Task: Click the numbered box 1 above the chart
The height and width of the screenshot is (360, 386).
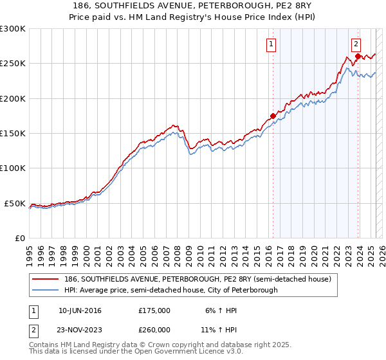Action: point(271,44)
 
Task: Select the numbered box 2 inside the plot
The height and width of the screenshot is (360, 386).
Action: point(356,44)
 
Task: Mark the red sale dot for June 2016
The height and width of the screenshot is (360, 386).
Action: point(273,116)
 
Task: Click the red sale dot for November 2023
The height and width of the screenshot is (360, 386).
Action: point(358,57)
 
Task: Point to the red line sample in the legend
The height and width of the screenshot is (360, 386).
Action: point(46,280)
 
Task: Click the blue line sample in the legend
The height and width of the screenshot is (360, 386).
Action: point(46,291)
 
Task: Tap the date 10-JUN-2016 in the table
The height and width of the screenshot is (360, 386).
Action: point(80,310)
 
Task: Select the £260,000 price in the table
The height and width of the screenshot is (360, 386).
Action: point(154,330)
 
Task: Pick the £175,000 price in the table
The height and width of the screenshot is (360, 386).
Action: point(154,310)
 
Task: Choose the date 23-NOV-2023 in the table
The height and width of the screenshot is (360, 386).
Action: point(80,330)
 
